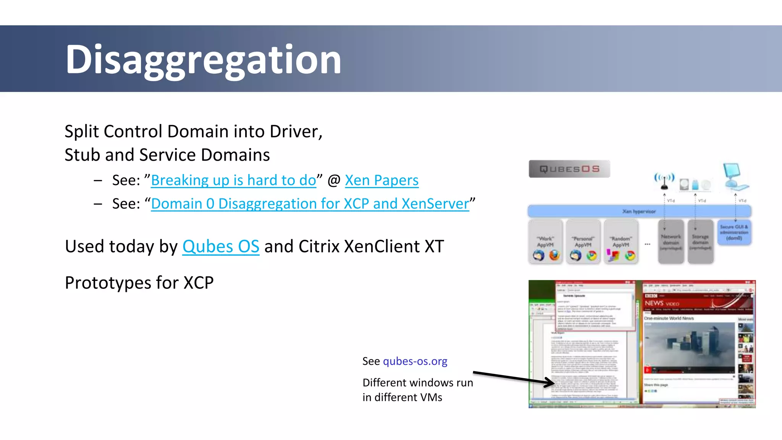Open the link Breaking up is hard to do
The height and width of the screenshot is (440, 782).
pyautogui.click(x=233, y=180)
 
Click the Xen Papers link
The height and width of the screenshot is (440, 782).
pyautogui.click(x=381, y=180)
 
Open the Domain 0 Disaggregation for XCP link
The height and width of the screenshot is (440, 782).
pyautogui.click(x=310, y=204)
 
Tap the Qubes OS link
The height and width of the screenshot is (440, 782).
pyautogui.click(x=221, y=247)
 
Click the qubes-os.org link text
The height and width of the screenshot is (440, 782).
pyautogui.click(x=415, y=361)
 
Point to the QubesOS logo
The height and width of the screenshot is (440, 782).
pyautogui.click(x=569, y=169)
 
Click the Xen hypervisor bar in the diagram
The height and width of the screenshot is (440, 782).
pyautogui.click(x=639, y=211)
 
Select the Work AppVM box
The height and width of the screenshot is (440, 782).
pyautogui.click(x=545, y=242)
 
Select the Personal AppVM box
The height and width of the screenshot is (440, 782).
pyautogui.click(x=583, y=242)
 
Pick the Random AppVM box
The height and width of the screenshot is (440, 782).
pyautogui.click(x=620, y=242)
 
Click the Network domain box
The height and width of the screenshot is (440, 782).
pyautogui.click(x=671, y=242)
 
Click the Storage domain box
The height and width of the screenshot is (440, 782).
pyautogui.click(x=700, y=242)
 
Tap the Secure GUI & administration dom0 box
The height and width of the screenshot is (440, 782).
pyautogui.click(x=734, y=232)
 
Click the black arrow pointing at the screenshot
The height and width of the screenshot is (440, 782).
pyautogui.click(x=514, y=377)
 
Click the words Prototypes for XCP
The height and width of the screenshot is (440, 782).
pyautogui.click(x=139, y=283)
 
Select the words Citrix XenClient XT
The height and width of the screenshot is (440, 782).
pyautogui.click(x=371, y=247)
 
